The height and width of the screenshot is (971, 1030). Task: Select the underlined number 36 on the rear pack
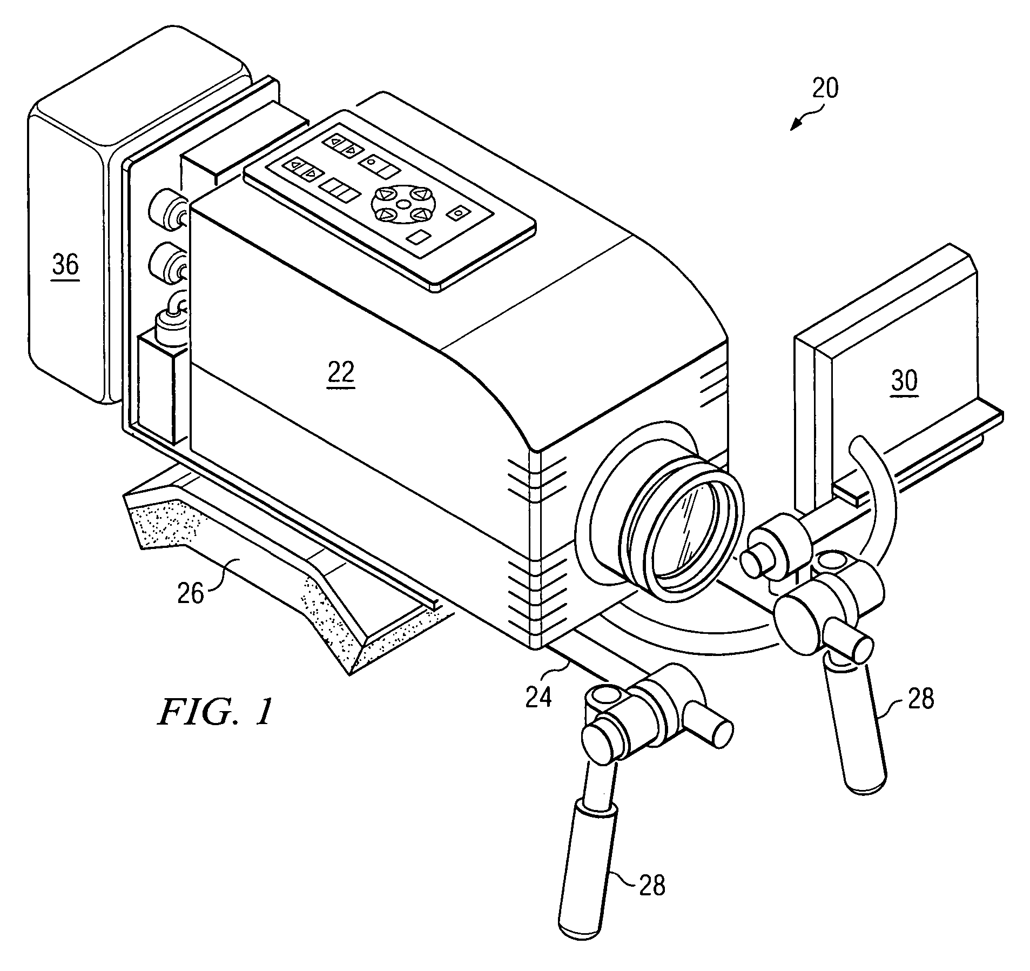click(65, 265)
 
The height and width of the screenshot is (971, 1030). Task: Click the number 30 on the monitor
click(904, 381)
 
